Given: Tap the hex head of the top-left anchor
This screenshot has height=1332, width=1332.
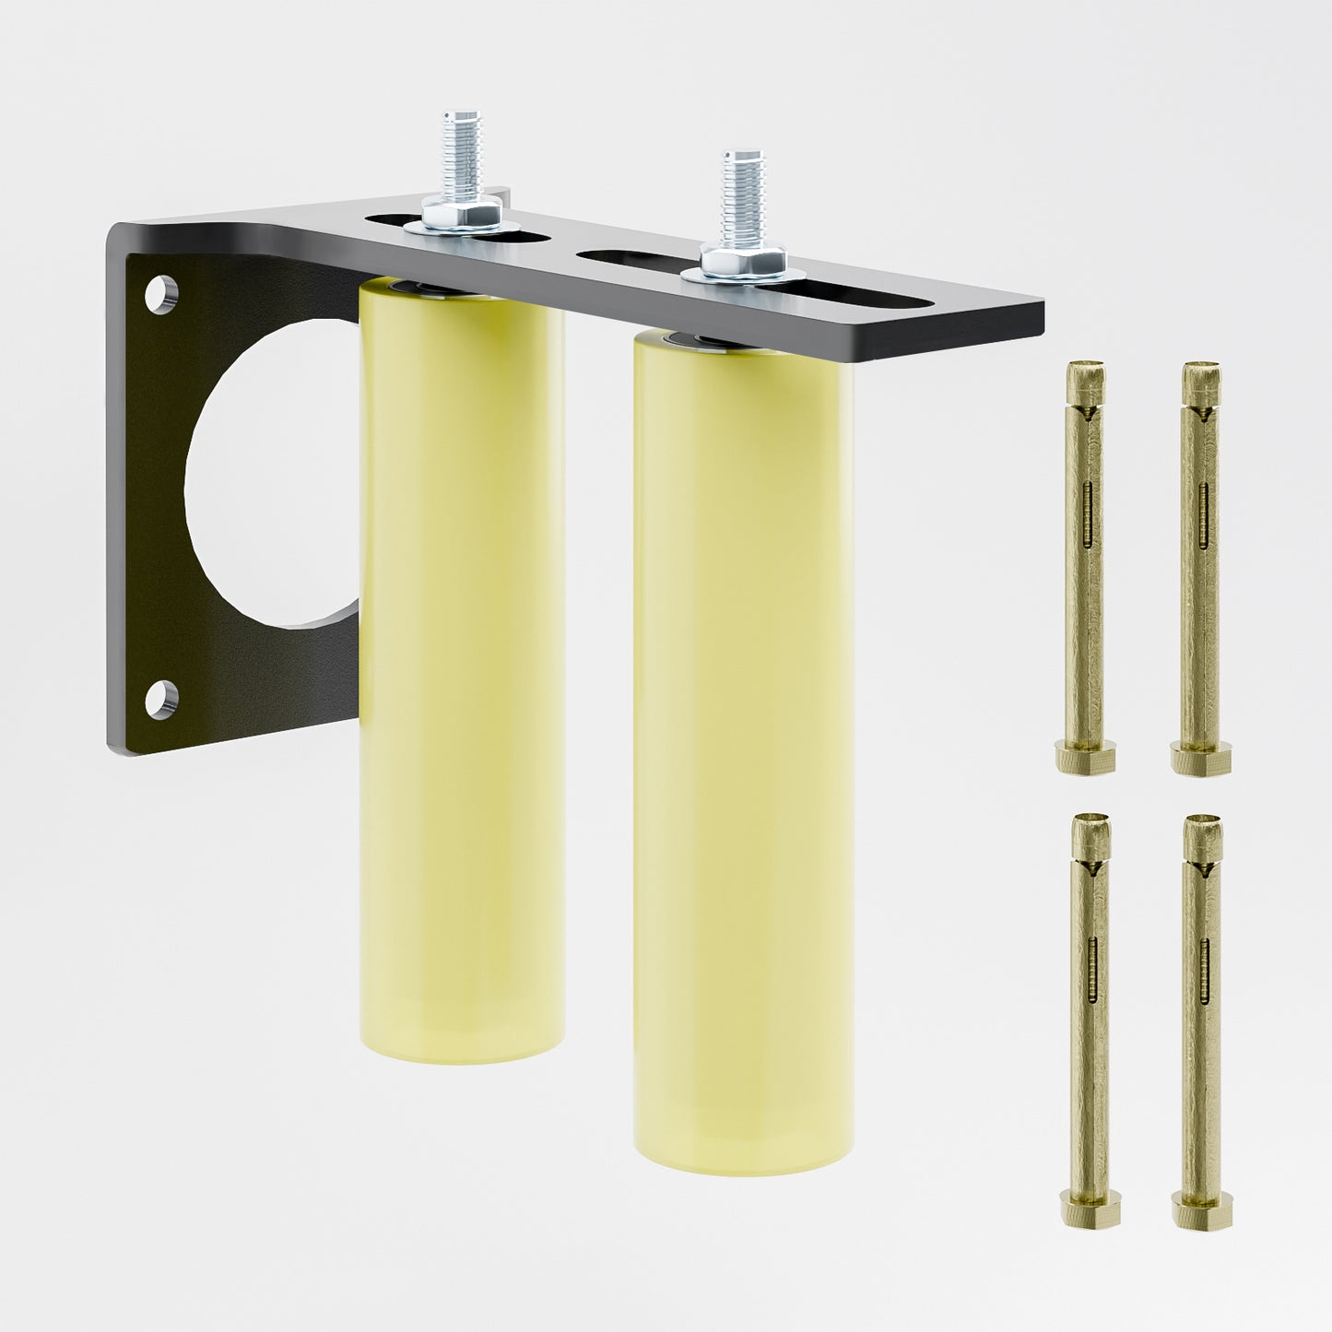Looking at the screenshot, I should click(1084, 760).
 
